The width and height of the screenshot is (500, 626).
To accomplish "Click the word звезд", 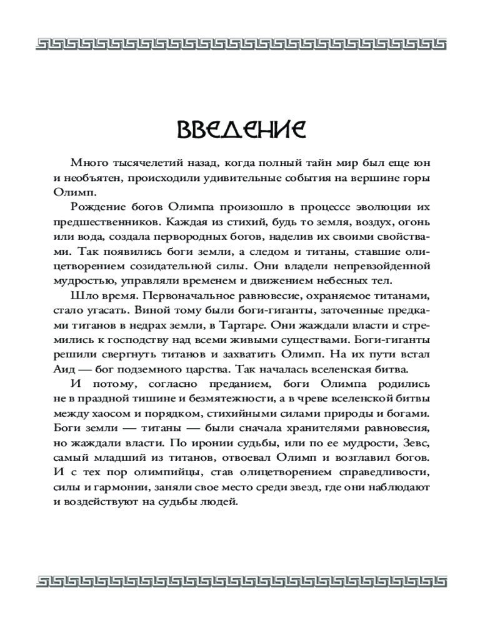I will (x=299, y=490).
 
